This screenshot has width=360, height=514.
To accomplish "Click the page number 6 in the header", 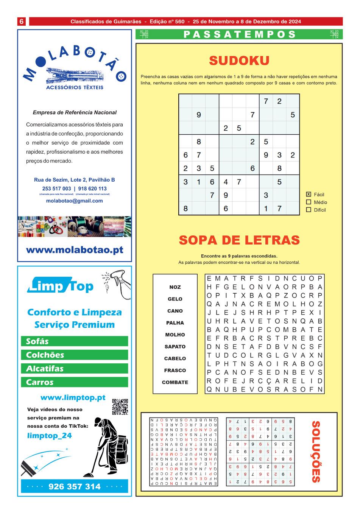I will [x=22, y=22].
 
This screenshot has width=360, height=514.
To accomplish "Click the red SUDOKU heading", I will [x=239, y=61].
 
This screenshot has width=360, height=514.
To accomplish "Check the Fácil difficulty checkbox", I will [x=309, y=194].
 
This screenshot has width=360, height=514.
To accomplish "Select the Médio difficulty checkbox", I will [x=309, y=202].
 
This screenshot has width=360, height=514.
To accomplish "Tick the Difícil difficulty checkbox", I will [x=309, y=210].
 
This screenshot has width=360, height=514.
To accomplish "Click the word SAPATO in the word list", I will [x=175, y=347].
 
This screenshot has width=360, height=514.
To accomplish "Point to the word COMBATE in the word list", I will [x=175, y=382].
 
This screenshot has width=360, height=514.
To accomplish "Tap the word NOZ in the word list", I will [x=175, y=287].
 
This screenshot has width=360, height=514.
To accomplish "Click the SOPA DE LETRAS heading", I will [x=239, y=240].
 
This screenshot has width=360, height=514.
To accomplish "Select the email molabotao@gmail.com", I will [x=74, y=201].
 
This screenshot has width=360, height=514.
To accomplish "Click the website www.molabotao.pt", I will [x=75, y=250].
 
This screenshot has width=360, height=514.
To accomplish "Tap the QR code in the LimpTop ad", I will [x=120, y=407].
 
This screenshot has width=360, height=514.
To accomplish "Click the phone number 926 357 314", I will [x=75, y=486].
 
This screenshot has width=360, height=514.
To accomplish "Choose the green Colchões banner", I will [x=75, y=355].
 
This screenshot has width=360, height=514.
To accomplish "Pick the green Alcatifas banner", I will [x=75, y=369].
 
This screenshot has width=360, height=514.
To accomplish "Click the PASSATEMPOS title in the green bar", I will [x=239, y=34].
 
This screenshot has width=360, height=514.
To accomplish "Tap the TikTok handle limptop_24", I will [x=49, y=436].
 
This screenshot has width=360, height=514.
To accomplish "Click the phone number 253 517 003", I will [x=56, y=188].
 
